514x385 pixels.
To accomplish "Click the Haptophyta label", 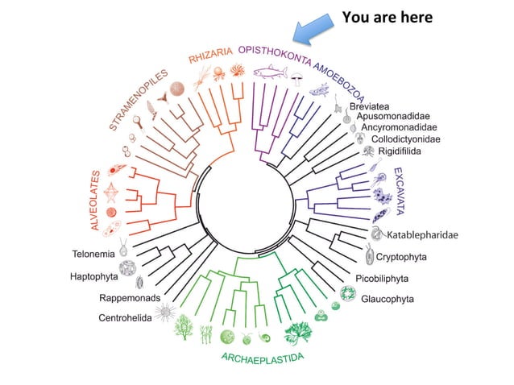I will (96, 277).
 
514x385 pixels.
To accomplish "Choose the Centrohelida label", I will (125, 317).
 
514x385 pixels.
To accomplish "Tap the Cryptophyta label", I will (400, 258).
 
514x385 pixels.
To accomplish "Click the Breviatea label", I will (373, 107).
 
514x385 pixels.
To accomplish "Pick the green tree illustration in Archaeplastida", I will (184, 325).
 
